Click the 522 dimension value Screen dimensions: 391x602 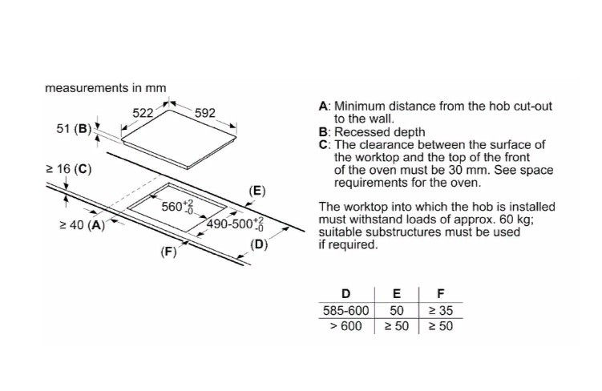pyautogui.click(x=143, y=113)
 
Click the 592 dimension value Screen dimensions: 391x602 pyautogui.click(x=205, y=113)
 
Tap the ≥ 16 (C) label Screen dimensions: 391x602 pyautogui.click(x=70, y=169)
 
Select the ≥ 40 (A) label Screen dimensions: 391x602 pyautogui.click(x=83, y=225)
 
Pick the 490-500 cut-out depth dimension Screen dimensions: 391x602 pyautogui.click(x=235, y=224)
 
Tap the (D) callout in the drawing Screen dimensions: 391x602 pyautogui.click(x=258, y=244)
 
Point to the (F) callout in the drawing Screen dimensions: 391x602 pyautogui.click(x=168, y=252)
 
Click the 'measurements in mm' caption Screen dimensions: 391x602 pyautogui.click(x=107, y=87)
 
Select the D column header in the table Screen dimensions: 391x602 pyautogui.click(x=346, y=293)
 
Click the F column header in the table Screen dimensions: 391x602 pyautogui.click(x=440, y=293)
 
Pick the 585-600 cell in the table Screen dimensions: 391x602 pyautogui.click(x=346, y=310)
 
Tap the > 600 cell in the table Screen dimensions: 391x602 pyautogui.click(x=346, y=326)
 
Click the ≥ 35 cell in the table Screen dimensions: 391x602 pyautogui.click(x=440, y=310)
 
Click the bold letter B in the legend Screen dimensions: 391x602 pyautogui.click(x=323, y=132)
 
